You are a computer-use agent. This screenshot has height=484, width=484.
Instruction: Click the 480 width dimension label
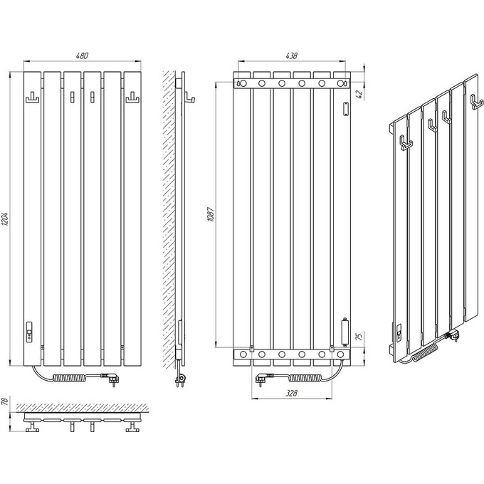[82, 56]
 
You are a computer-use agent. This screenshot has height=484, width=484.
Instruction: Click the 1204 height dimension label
[6, 219]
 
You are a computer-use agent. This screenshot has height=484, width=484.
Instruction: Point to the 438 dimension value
[291, 56]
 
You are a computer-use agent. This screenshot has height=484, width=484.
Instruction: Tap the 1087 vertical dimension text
[211, 214]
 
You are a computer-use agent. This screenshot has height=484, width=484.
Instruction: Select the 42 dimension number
[359, 95]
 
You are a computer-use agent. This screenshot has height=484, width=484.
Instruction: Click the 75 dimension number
[359, 337]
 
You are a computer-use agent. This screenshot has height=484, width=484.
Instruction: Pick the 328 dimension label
[291, 393]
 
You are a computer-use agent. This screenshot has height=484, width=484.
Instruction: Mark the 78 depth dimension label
[5, 401]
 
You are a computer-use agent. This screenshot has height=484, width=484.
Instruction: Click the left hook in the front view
[32, 98]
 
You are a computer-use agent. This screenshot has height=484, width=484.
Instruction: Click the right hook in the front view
[132, 98]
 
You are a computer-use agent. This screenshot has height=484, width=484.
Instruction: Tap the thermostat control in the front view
[30, 332]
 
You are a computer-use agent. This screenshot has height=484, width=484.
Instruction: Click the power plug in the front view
[111, 379]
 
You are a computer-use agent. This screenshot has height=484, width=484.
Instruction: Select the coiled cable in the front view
[77, 377]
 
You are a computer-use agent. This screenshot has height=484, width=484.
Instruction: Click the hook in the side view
[189, 98]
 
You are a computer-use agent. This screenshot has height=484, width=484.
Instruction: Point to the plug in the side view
[180, 379]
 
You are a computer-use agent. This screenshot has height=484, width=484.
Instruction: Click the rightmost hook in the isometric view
[476, 102]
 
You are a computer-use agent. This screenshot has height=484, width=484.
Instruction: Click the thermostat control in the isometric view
[398, 332]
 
